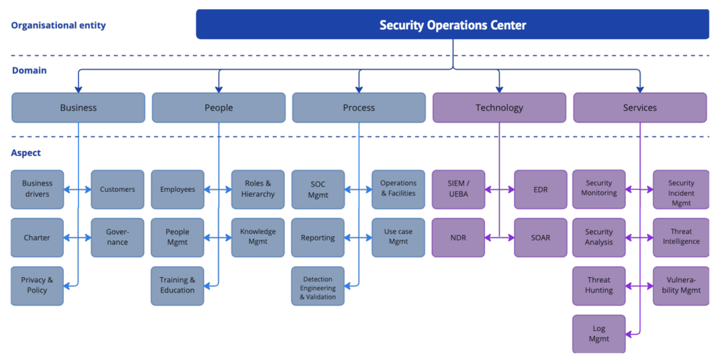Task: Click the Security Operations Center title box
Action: point(452,25)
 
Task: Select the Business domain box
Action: point(78,108)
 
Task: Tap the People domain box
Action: point(219,108)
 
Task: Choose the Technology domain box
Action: point(499,108)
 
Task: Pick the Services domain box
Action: point(640,108)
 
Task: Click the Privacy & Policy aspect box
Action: point(37,285)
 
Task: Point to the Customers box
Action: point(117,189)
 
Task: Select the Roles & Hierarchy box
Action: point(258,189)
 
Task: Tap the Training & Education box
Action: point(177,285)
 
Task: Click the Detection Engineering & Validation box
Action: point(318,286)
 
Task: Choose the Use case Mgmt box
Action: point(399,237)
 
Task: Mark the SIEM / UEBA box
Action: point(458,189)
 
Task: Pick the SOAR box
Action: point(540,238)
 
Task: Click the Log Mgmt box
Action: point(599,334)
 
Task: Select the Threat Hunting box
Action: point(599,285)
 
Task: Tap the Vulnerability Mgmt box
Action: point(681,285)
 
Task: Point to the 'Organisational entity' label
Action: point(58,26)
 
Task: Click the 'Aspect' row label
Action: point(26,153)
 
